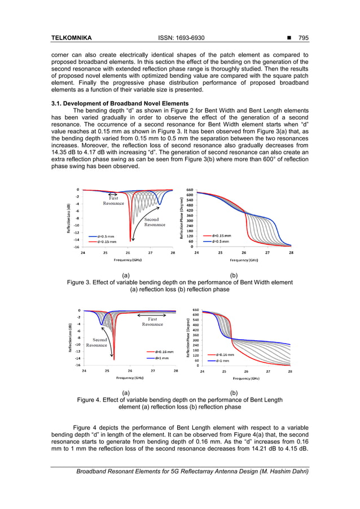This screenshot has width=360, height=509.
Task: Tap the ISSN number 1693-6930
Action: click(182, 38)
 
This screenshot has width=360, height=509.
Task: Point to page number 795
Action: click(303, 38)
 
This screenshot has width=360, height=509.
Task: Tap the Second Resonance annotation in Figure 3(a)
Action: click(155, 221)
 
